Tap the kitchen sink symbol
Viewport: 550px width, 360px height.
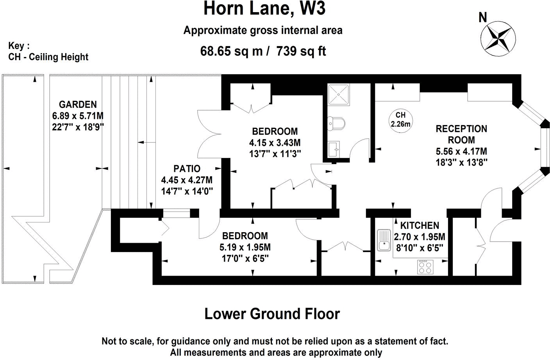coord(384,240)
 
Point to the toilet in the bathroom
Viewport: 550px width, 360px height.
coord(336,123)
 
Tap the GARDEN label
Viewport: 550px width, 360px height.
coord(78,104)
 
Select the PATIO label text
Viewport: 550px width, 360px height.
coord(187,169)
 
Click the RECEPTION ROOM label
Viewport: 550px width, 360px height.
coord(461,134)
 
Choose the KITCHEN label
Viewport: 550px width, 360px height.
coord(420,226)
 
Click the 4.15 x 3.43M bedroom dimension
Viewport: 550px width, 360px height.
coord(275,143)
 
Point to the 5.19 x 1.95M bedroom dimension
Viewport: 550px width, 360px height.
coord(245,247)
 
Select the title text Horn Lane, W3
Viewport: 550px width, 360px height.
coord(264,9)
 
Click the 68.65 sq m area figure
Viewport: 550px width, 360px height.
coord(231,51)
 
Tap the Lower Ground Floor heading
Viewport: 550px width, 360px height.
coord(272,313)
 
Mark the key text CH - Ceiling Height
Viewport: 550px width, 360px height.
coord(48,57)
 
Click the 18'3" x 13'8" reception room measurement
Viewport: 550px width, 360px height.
coord(461,162)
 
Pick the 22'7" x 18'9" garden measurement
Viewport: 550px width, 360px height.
coord(78,127)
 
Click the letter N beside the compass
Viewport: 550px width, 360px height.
coord(483,18)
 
